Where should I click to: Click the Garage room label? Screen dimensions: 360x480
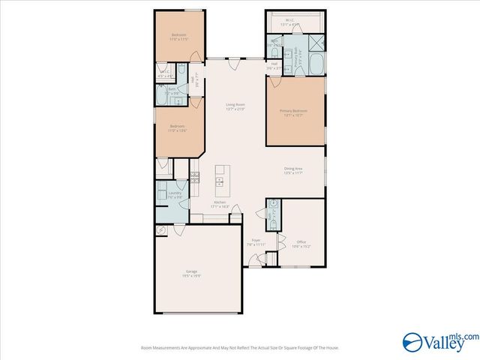pyautogui.click(x=192, y=272)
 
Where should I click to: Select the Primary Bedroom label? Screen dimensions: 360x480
pyautogui.click(x=294, y=112)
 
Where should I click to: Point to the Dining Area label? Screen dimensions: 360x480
pyautogui.click(x=292, y=170)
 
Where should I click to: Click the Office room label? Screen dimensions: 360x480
pyautogui.click(x=301, y=243)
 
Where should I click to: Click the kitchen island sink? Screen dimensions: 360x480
pyautogui.click(x=220, y=181)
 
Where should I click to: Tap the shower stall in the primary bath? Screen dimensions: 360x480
pyautogui.click(x=316, y=42)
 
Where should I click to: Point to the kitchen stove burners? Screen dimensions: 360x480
pyautogui.click(x=194, y=178)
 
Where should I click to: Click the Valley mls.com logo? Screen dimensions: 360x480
pyautogui.click(x=439, y=341)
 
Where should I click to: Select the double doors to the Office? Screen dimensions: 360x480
pyautogui.click(x=280, y=241)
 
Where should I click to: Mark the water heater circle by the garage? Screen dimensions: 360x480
pyautogui.click(x=161, y=230)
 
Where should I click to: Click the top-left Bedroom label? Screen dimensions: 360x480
pyautogui.click(x=178, y=36)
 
